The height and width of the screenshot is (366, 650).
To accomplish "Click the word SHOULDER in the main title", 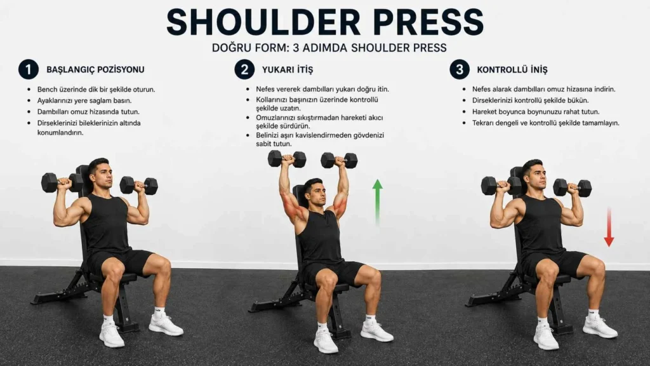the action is (x=263, y=22).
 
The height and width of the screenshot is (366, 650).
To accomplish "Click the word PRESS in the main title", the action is (x=428, y=22).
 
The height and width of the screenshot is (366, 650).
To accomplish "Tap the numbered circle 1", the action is (x=28, y=69).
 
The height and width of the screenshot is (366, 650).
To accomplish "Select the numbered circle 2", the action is (x=244, y=69).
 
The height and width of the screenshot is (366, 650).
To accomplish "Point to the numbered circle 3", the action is (x=460, y=69).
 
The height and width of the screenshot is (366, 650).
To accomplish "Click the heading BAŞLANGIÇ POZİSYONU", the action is (x=95, y=70).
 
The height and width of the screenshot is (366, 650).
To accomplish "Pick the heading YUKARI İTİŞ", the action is (x=288, y=70).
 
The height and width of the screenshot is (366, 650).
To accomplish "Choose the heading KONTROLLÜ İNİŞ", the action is (x=512, y=70).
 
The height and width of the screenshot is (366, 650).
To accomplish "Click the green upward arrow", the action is (x=377, y=203).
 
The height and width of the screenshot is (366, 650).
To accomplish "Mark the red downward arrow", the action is (x=609, y=227).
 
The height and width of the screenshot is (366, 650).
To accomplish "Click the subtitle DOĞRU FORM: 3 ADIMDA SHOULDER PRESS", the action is (x=329, y=48).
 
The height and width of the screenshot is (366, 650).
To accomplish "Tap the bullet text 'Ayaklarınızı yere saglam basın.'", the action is (x=84, y=100).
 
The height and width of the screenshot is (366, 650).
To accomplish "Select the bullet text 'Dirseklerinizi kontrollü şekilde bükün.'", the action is (x=530, y=100).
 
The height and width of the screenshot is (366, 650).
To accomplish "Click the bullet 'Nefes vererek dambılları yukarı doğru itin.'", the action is (x=322, y=89).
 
